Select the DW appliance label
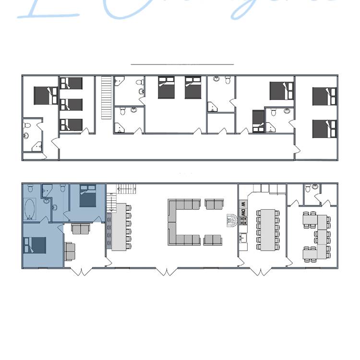(x=243, y=212)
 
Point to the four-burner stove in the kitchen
(x=243, y=221)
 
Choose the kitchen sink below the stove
(x=243, y=237)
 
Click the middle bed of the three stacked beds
(x=71, y=104)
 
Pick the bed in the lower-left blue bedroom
(x=35, y=245)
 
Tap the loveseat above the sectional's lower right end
(x=213, y=204)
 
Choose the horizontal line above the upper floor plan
(x=182, y=63)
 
